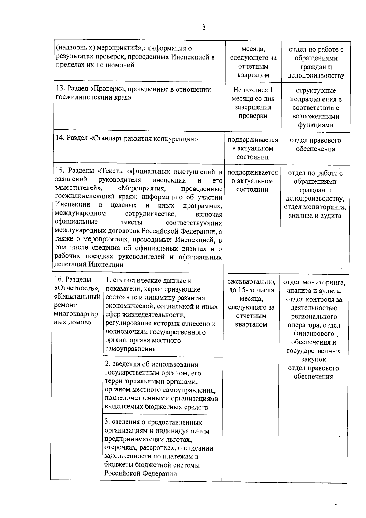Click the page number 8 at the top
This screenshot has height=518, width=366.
click(204, 27)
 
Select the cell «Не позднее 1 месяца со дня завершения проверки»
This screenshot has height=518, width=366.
click(253, 103)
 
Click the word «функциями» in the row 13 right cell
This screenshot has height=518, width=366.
click(315, 125)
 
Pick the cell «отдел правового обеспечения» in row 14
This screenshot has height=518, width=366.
click(315, 145)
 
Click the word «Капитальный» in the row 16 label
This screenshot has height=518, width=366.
click(77, 297)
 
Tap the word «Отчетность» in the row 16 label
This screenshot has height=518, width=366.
click(76, 288)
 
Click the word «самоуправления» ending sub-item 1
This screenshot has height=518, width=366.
click(130, 349)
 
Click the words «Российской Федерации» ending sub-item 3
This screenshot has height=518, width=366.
click(141, 482)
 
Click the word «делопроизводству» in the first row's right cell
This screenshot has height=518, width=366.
click(316, 76)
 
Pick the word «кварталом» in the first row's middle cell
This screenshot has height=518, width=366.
click(253, 75)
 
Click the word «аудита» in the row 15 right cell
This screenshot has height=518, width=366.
click(331, 216)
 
